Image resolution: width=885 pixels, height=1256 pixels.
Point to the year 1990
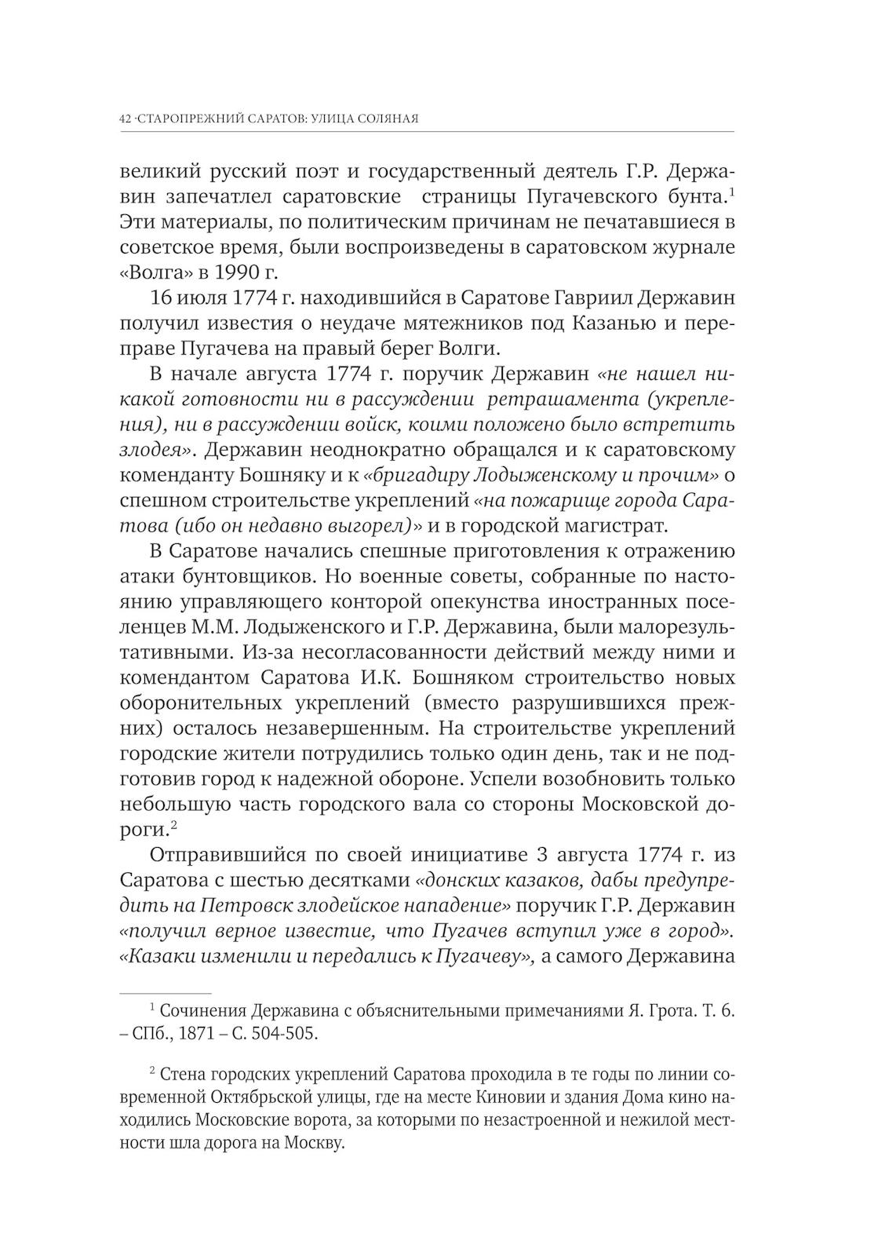225,272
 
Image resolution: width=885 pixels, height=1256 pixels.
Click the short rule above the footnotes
165,993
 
